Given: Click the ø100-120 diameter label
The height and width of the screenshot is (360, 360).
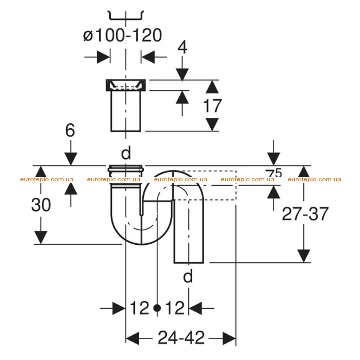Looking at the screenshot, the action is pos(123,36).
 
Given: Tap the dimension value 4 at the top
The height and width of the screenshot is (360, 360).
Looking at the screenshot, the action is pos(182,47).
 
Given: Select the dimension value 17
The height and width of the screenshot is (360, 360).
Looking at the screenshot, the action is pos(212,105).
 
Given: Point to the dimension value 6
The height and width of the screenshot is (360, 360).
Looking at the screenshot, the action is pos(70,130).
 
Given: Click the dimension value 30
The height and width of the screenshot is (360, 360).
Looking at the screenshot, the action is pos(41,205).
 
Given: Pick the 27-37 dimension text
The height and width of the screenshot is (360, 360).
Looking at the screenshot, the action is pos(305,214).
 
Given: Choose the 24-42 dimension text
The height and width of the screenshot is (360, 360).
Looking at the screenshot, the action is pos(181,337).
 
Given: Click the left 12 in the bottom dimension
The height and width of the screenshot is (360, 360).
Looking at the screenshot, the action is pos(140,308).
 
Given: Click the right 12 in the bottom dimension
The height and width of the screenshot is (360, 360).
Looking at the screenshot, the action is pos(175,308).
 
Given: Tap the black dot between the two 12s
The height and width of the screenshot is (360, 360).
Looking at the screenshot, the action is pos(157,308).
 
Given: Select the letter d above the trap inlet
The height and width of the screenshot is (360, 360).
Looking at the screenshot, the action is pos(126,153).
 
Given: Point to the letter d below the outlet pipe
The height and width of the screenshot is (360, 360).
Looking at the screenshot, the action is pos(188,276).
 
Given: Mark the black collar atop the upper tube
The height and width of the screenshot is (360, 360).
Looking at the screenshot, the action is pos(126,85).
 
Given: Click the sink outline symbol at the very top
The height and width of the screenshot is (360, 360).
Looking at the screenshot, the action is pos(126,15).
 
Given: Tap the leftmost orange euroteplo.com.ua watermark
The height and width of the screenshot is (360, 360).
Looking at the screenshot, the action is pos(47,179).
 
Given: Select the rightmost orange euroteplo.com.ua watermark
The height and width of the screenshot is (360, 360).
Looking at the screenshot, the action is pos(314,179).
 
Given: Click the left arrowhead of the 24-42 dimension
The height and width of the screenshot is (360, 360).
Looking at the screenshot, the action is pos(133,338).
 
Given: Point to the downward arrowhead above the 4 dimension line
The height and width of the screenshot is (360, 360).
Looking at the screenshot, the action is pos(182,74).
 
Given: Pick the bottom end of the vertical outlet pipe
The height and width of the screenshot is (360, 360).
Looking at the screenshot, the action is pos(189,263).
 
